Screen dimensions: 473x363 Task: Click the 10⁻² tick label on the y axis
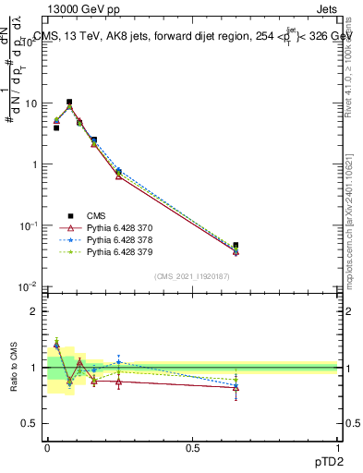29,286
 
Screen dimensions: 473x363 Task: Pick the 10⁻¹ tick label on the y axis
29,225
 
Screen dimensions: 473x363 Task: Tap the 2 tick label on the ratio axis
35,311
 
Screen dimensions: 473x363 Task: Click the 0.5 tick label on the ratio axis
31,423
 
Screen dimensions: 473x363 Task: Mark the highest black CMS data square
69,102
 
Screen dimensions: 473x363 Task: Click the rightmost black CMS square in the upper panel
236,246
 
